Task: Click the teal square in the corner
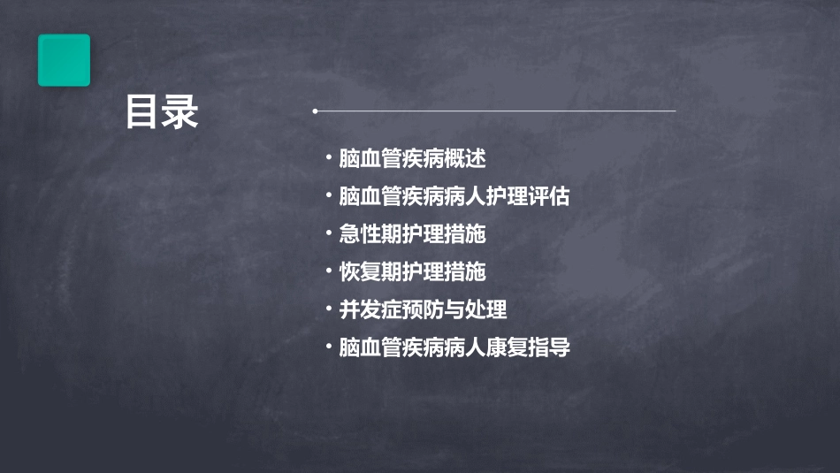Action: (64, 60)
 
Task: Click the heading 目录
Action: (162, 112)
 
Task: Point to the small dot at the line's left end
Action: (315, 111)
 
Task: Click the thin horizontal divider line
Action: (495, 111)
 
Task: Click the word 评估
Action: (549, 197)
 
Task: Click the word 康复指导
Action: (528, 348)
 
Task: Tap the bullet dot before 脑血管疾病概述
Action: (329, 159)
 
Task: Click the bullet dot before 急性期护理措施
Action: (329, 235)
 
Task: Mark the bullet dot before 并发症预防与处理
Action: (329, 310)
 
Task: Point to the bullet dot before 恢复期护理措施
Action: (329, 272)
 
